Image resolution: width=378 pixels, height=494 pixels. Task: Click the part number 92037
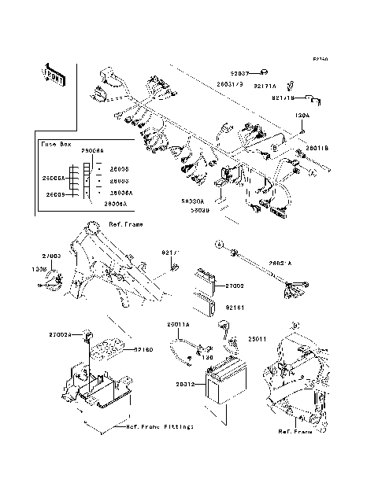coord(239,72)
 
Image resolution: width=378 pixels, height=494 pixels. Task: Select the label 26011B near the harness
coord(317,147)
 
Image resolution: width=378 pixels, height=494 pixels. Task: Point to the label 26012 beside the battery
coord(185,385)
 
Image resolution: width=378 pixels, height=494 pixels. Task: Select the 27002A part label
coord(82,335)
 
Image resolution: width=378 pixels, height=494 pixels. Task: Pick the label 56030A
coord(194,201)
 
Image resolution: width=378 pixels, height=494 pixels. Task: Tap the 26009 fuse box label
coord(54,194)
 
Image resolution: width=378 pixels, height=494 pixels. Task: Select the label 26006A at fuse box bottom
coord(115,203)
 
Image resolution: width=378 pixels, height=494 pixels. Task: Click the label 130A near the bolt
coord(302,115)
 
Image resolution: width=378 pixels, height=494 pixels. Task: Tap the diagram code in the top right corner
coord(320,59)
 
